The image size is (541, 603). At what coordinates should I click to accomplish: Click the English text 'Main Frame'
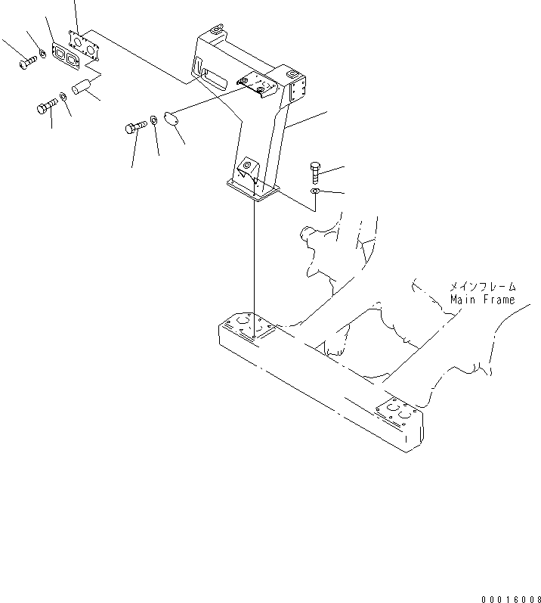tap(482, 300)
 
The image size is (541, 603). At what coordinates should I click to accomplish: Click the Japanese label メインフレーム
tap(483, 287)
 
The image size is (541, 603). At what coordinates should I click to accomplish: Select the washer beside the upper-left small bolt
tap(43, 54)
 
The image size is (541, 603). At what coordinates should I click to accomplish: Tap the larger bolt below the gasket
tap(47, 107)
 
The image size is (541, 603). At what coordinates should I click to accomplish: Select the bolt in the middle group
tap(135, 127)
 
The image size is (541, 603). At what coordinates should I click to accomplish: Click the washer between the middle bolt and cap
tap(153, 120)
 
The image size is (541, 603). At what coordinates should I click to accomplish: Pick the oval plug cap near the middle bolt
tap(171, 119)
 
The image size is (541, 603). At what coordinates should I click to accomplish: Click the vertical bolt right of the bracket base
tap(316, 172)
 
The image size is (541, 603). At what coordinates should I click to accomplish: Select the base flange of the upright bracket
tap(252, 191)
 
